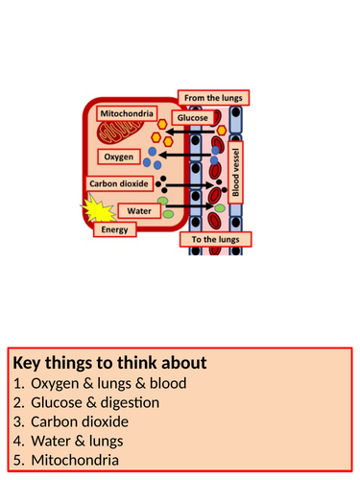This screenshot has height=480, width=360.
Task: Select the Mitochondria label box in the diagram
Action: pyautogui.click(x=132, y=113)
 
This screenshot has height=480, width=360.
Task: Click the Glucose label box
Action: pyautogui.click(x=191, y=117)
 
